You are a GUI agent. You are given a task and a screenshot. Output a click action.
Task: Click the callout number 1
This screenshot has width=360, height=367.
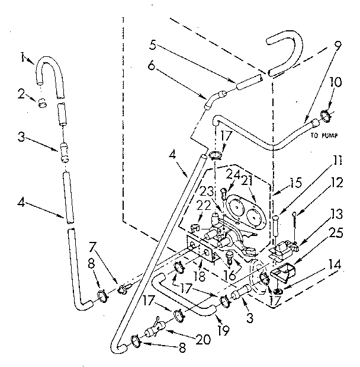[21, 57]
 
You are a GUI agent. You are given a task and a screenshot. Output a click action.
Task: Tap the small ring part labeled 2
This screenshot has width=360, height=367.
[42, 103]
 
